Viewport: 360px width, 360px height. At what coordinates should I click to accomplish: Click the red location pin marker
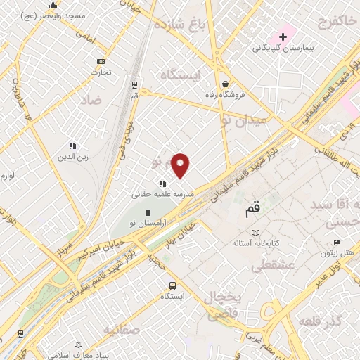[181, 165]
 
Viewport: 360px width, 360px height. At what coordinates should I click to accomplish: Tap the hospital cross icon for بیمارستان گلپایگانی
[283, 36]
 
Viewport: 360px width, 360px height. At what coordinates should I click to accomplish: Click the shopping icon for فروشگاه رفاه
[224, 82]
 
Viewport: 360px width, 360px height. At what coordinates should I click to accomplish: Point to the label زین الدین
[73, 157]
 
